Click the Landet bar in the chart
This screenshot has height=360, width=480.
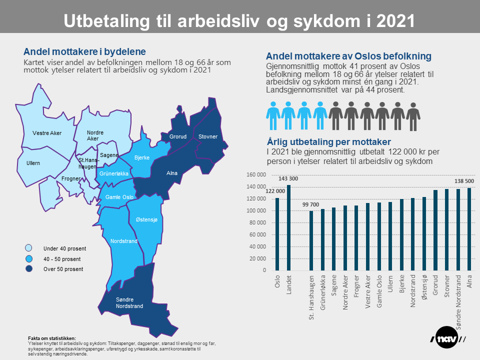click(288, 228)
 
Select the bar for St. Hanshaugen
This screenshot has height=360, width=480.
click(311, 240)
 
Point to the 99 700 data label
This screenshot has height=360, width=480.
click(311, 204)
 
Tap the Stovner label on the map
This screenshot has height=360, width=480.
click(207, 136)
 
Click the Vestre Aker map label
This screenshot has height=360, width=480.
click(47, 133)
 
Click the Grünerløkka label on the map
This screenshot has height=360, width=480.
click(114, 173)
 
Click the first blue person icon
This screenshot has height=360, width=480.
click(273, 116)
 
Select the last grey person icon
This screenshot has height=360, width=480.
click(413, 116)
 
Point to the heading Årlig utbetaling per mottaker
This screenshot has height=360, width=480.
click(328, 141)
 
